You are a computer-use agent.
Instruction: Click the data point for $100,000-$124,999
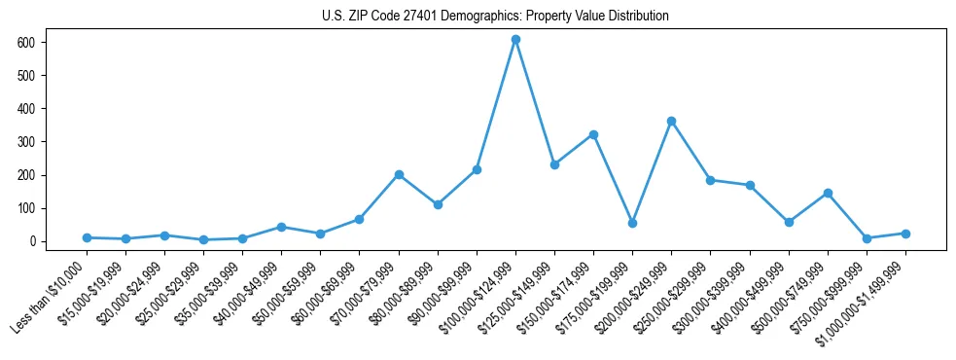515,40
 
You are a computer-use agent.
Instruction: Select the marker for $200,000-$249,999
671,122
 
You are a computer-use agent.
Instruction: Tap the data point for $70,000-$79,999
399,175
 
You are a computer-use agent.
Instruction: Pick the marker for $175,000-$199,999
632,223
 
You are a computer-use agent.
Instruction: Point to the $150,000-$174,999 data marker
593,134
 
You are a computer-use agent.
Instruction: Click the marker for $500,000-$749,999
828,193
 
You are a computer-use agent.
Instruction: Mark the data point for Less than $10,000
87,237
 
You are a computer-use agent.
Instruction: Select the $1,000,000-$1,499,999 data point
905,234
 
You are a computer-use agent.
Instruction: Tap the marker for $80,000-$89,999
438,204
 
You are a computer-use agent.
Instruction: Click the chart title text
495,17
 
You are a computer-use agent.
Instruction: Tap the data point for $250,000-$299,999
710,180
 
